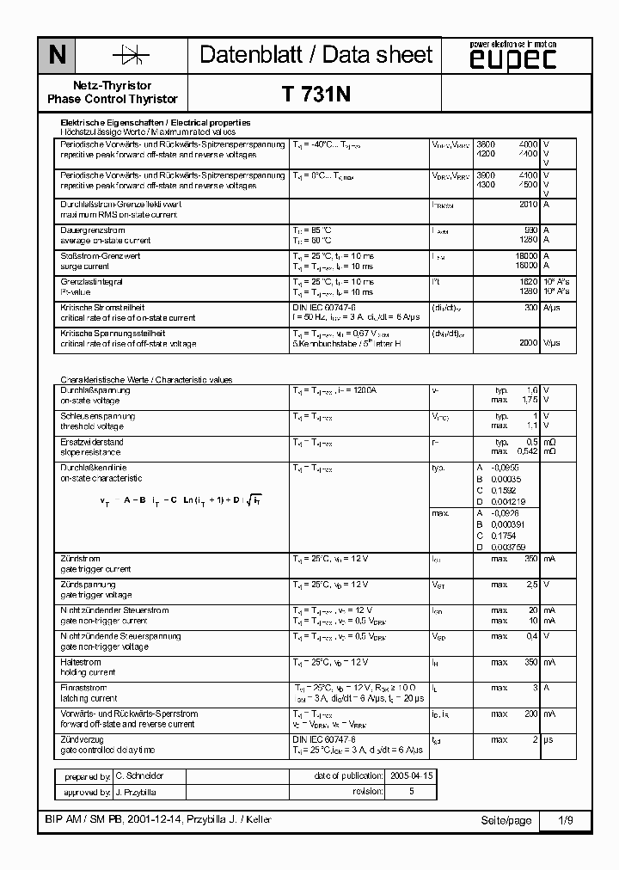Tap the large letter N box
57,56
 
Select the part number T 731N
316,95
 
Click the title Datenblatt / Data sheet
316,55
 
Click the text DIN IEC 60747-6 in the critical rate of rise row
324,308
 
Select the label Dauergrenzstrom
93,230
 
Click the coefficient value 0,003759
508,546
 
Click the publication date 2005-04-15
412,775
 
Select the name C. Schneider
139,775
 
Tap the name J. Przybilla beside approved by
136,793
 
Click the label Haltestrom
80,662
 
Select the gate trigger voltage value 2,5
532,585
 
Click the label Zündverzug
82,739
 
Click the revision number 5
411,792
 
